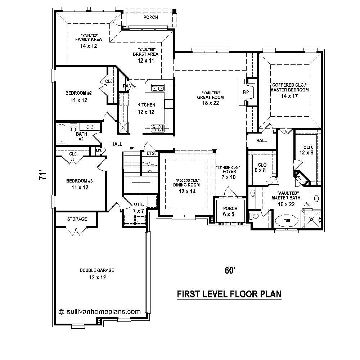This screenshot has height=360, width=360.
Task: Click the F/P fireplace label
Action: pyautogui.click(x=246, y=93)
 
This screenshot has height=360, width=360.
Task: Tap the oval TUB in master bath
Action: pyautogui.click(x=287, y=220)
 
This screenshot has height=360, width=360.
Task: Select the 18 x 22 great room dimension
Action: pyautogui.click(x=211, y=103)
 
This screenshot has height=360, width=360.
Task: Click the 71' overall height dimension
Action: pyautogui.click(x=43, y=176)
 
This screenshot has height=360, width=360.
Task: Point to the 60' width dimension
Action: pyautogui.click(x=229, y=270)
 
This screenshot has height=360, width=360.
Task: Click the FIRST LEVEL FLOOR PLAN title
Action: pyautogui.click(x=229, y=294)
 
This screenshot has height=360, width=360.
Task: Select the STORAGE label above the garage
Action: pyautogui.click(x=77, y=219)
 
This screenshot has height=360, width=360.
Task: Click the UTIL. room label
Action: pyautogui.click(x=129, y=203)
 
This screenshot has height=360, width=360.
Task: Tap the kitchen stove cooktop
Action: pyautogui.click(x=157, y=127)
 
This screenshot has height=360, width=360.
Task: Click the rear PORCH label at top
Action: pyautogui.click(x=150, y=17)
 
